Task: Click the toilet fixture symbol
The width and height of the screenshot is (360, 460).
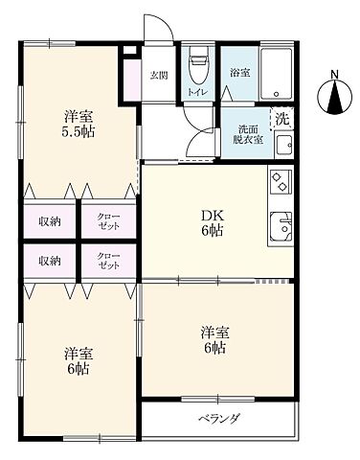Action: click(198, 68)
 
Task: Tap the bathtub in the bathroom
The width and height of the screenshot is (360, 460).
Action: click(276, 74)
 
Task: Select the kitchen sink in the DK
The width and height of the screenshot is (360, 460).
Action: click(281, 226)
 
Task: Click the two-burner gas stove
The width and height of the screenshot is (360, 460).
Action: click(281, 181)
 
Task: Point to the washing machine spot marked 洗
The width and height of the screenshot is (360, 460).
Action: click(281, 119)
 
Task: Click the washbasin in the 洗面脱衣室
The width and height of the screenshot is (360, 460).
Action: click(284, 145)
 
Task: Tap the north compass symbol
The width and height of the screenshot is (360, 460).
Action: click(334, 96)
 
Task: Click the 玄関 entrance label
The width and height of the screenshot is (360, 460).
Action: click(159, 76)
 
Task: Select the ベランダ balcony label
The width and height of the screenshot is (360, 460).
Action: click(218, 418)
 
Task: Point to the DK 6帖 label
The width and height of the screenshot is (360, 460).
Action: click(213, 223)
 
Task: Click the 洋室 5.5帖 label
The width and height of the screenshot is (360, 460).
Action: click(79, 124)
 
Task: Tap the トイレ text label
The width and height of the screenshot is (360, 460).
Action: click(198, 92)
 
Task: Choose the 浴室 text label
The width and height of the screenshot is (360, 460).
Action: click(239, 73)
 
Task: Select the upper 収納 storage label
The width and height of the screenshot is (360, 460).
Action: click(50, 221)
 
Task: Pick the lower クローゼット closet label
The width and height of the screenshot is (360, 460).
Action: click(109, 261)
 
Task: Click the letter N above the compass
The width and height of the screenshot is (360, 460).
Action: click(334, 75)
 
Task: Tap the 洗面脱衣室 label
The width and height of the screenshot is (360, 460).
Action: click(248, 135)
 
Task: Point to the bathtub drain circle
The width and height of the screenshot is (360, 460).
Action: click(277, 94)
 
